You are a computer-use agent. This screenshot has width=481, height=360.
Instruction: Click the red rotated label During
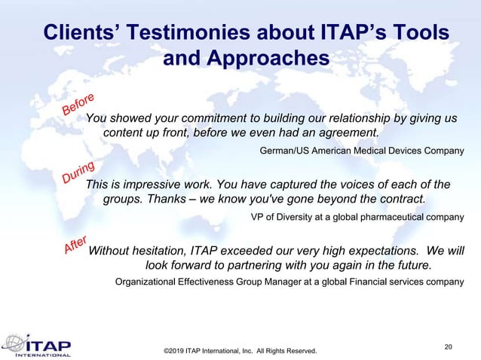pyautogui.click(x=78, y=172)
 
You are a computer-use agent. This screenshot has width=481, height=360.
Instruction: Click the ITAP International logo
pyautogui.click(x=38, y=343)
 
